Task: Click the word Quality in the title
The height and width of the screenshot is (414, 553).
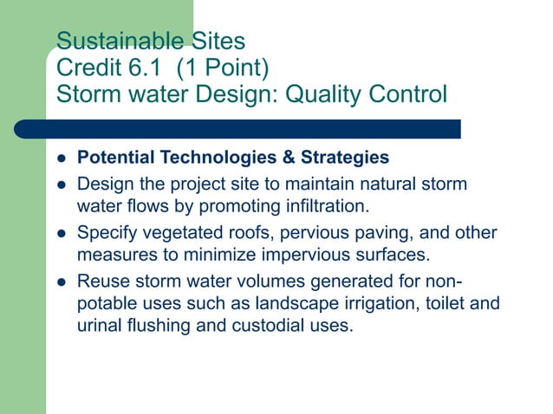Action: (324, 92)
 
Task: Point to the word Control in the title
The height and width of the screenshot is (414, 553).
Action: (407, 92)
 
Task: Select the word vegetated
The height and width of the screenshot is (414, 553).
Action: (176, 232)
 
